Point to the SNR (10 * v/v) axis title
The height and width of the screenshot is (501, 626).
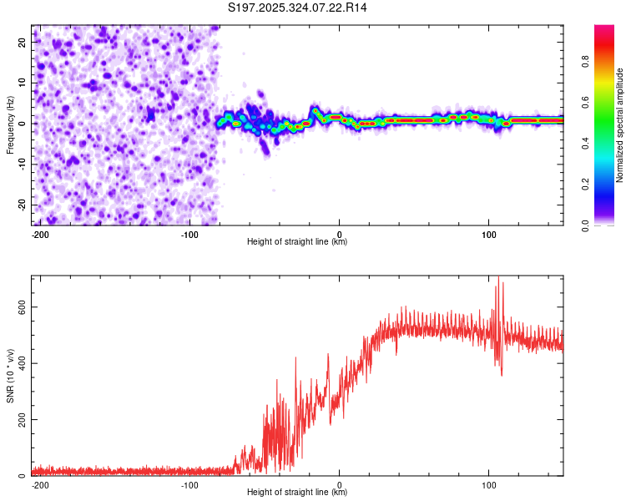coord(10,376)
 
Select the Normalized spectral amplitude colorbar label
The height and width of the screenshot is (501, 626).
coord(620,125)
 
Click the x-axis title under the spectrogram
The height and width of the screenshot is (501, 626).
coord(297,241)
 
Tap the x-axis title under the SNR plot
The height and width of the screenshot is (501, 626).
coord(297,492)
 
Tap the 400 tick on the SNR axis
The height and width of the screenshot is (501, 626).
coord(19,362)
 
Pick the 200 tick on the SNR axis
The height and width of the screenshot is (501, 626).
coord(19,419)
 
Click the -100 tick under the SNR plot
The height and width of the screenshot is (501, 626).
coord(189,483)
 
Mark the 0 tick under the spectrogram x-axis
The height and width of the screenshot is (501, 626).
coord(340,233)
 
